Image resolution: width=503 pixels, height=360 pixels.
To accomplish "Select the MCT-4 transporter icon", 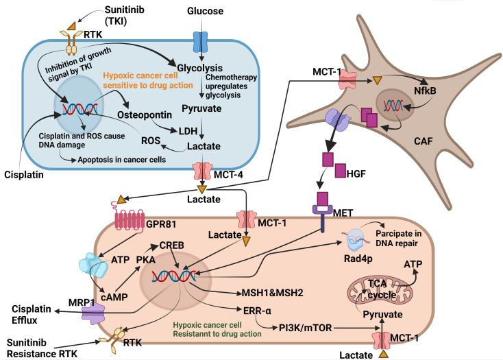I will [201, 169].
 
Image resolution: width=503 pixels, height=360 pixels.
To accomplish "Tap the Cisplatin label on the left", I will [23, 175].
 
